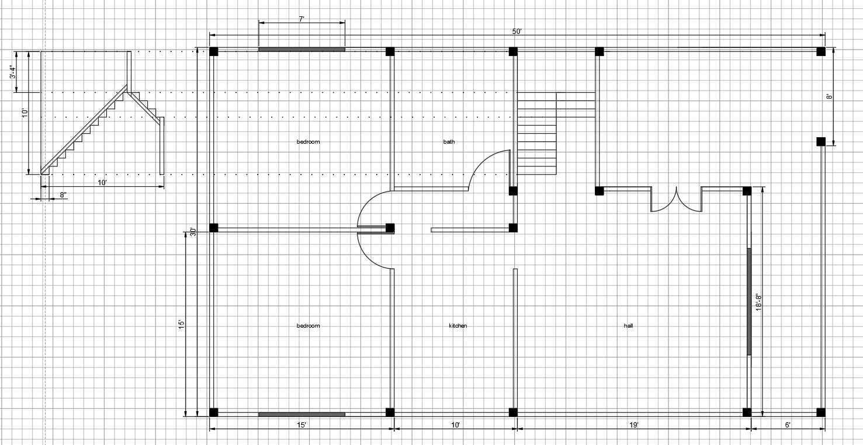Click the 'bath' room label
pyautogui.click(x=449, y=142)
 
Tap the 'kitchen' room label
pyautogui.click(x=458, y=326)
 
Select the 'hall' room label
pyautogui.click(x=628, y=326)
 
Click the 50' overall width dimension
pyautogui.click(x=517, y=32)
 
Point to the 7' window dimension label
pyautogui.click(x=301, y=19)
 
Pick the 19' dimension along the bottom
pyautogui.click(x=634, y=425)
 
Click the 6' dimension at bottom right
pyautogui.click(x=788, y=425)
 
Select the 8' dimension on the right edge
pyautogui.click(x=830, y=96)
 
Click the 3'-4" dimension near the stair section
pyautogui.click(x=13, y=72)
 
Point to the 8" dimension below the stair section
pyautogui.click(x=63, y=195)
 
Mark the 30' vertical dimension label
pyautogui.click(x=193, y=232)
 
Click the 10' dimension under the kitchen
pyautogui.click(x=455, y=425)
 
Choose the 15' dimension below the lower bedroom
pyautogui.click(x=301, y=425)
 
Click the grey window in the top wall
pyautogui.click(x=301, y=49)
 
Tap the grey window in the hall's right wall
pyautogui.click(x=749, y=301)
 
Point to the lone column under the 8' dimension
pyautogui.click(x=820, y=141)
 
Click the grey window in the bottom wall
pyautogui.click(x=301, y=414)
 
